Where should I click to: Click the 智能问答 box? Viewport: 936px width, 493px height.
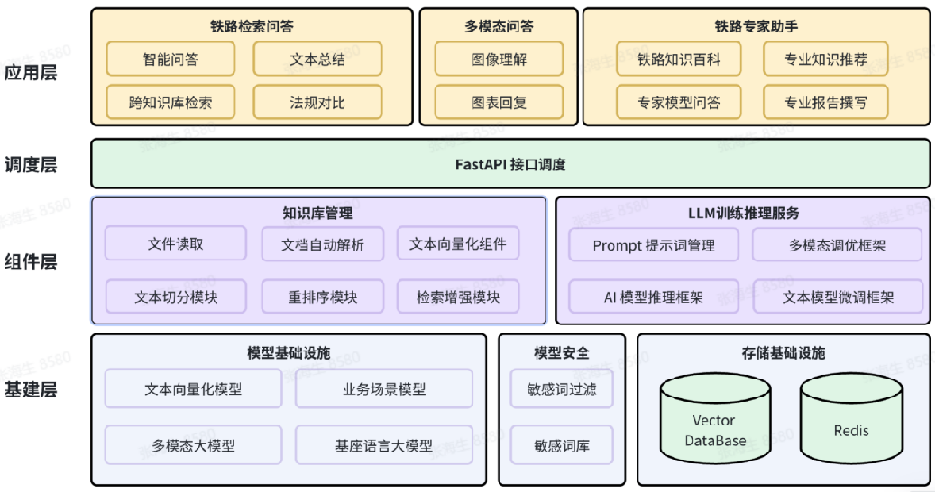point(170,59)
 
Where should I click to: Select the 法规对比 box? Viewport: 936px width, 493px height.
point(317,103)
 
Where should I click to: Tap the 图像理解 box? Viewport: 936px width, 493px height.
point(499,59)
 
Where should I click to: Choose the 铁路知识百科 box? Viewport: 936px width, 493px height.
point(679,59)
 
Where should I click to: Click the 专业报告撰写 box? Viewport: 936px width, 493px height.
point(825,103)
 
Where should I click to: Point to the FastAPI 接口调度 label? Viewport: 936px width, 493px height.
point(510,165)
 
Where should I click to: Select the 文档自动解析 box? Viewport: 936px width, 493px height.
point(322,244)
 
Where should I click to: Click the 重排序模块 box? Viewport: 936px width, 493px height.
point(322,297)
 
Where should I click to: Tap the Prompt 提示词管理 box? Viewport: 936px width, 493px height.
point(653,245)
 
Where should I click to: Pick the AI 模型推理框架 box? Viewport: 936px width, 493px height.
point(653,297)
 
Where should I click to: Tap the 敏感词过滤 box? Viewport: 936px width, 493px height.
point(562,389)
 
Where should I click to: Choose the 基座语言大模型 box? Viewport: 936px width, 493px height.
point(384,445)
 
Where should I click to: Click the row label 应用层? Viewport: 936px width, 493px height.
point(31,73)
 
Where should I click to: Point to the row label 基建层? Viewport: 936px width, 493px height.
point(31,391)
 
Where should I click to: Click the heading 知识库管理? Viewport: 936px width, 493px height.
point(317,214)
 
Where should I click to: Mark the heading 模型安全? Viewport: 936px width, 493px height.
point(562,351)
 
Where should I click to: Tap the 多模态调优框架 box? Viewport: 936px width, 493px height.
point(837,245)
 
